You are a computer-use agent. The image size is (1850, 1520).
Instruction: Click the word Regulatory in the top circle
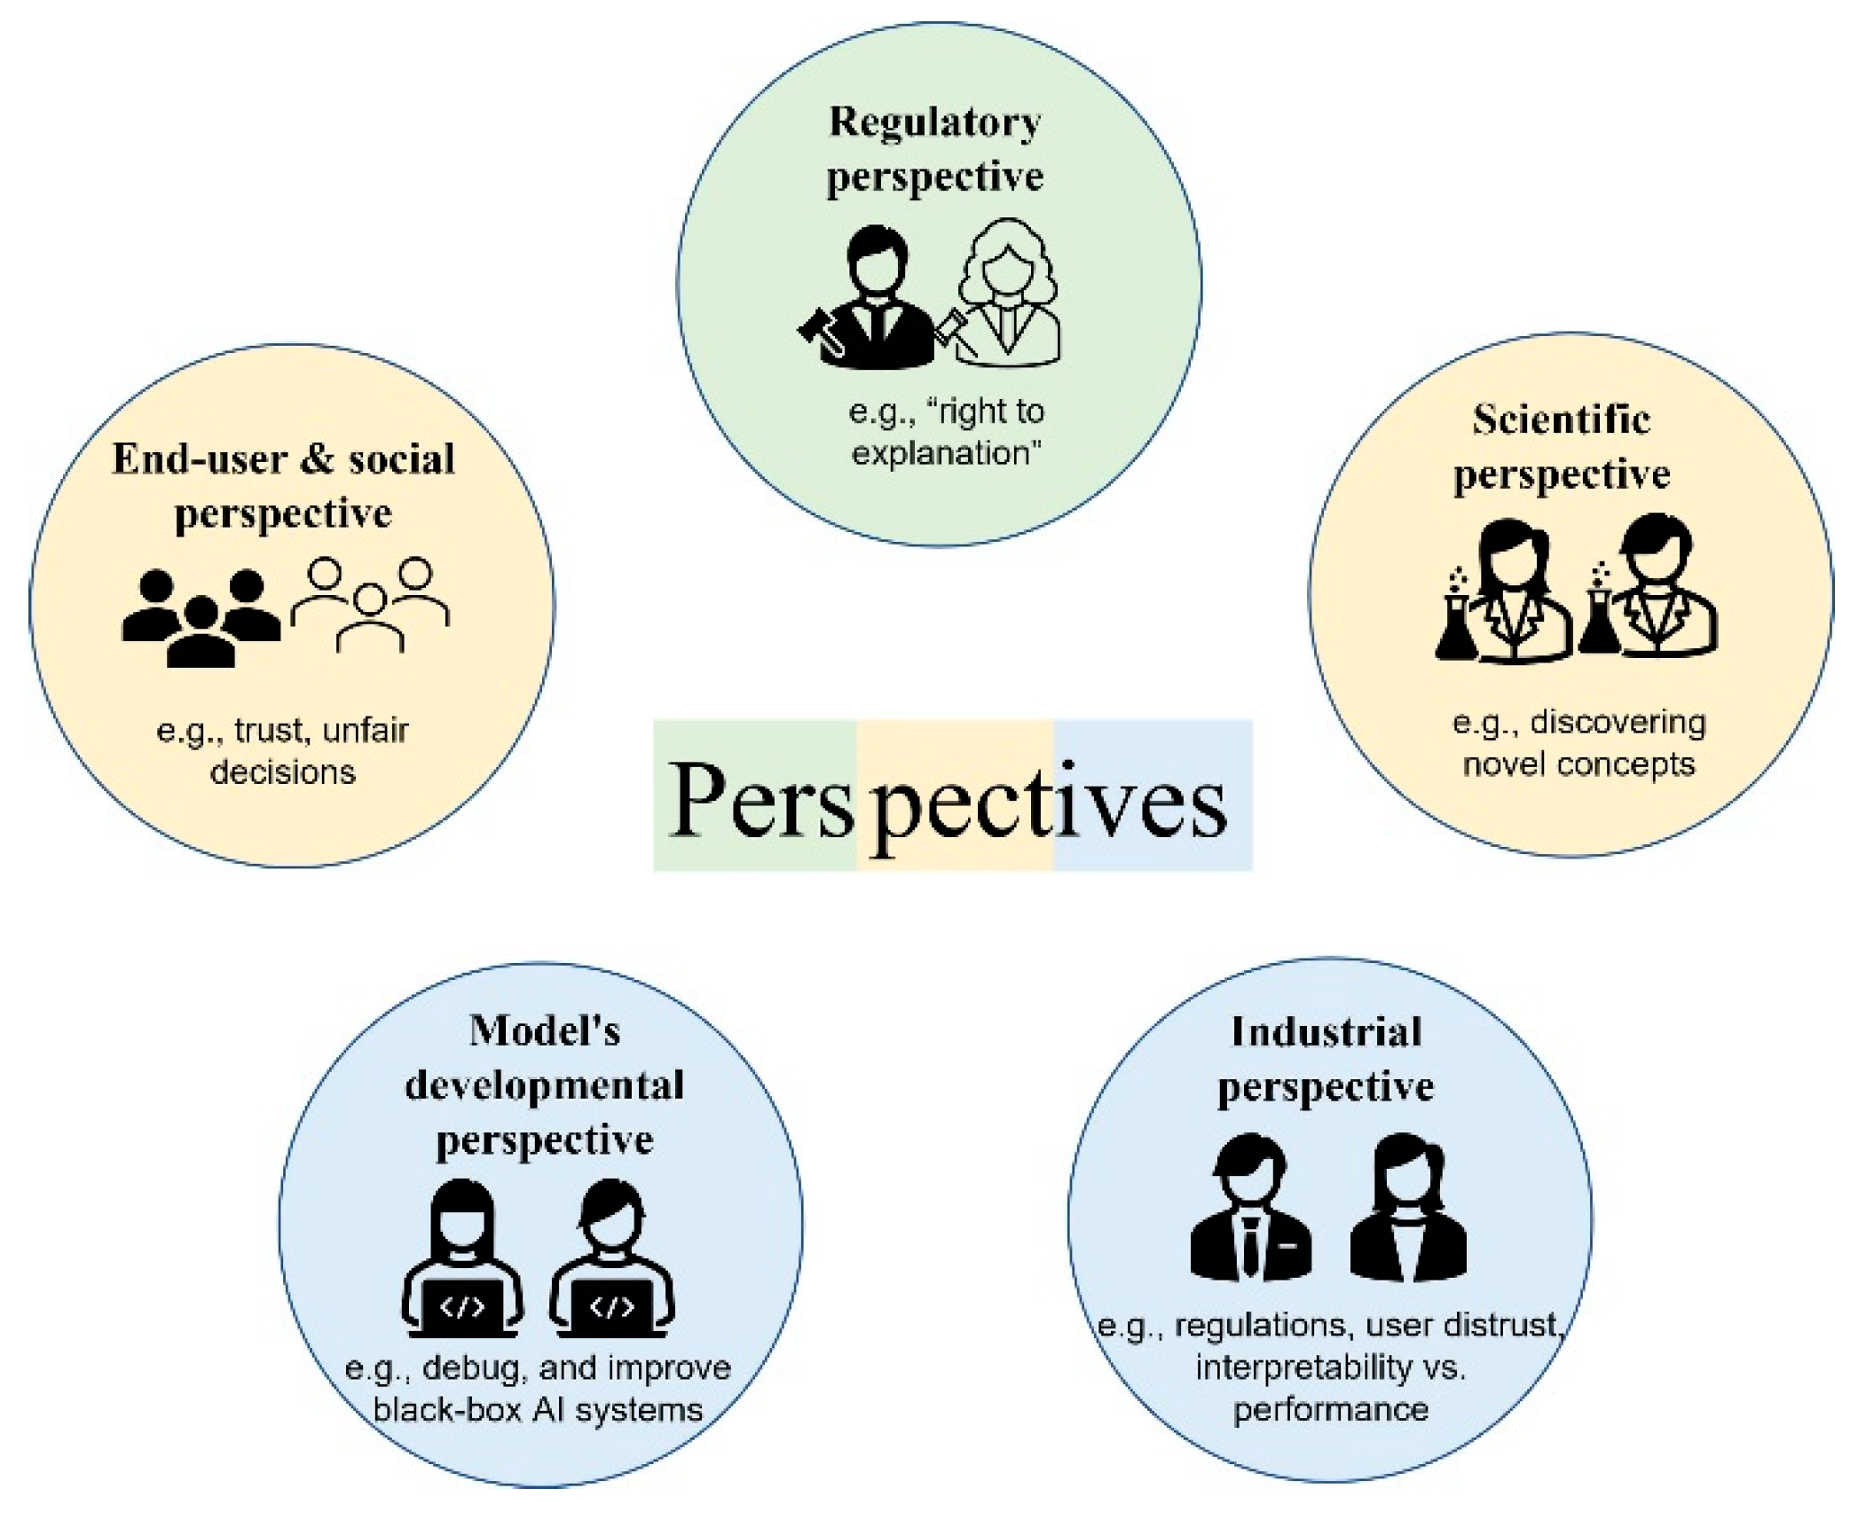[x=934, y=123]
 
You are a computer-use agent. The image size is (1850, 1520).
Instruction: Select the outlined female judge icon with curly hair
[x=1007, y=293]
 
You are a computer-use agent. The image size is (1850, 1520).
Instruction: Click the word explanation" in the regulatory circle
[x=946, y=453]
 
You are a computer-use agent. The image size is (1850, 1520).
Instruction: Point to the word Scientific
[x=1561, y=419]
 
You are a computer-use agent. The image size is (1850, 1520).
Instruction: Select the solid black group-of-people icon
[x=201, y=616]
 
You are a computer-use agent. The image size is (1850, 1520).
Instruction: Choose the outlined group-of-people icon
[x=371, y=603]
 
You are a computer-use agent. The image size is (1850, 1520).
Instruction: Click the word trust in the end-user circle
[x=270, y=731]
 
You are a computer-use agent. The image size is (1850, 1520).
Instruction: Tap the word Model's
[x=544, y=1031]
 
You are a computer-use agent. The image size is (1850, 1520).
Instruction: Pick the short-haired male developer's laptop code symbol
[x=612, y=1307]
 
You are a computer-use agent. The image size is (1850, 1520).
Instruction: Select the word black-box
[x=446, y=1409]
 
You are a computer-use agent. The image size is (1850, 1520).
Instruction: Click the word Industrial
[x=1326, y=1033]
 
